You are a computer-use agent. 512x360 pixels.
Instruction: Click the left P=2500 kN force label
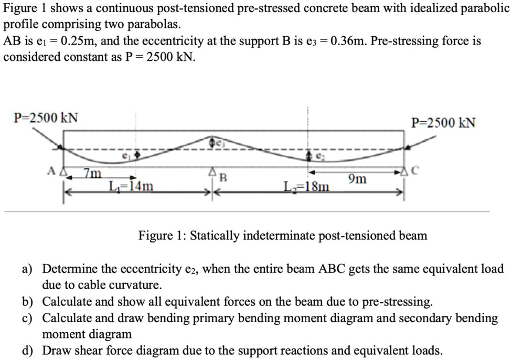point(46,117)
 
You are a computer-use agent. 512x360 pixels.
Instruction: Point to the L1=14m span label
point(131,186)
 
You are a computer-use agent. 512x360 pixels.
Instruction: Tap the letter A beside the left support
point(52,171)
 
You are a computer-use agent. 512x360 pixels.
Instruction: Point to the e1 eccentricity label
point(126,156)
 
